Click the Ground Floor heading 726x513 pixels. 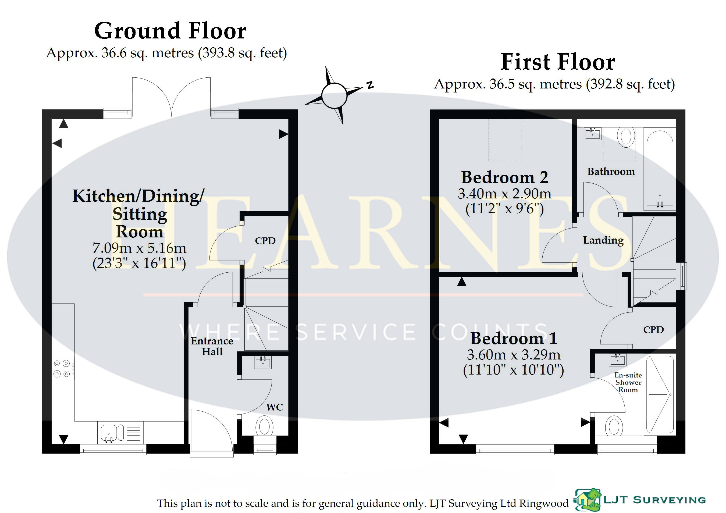pyautogui.click(x=170, y=31)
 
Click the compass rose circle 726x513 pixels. pyautogui.click(x=334, y=95)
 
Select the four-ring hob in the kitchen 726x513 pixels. pyautogui.click(x=62, y=369)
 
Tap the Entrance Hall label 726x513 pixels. pyautogui.click(x=212, y=346)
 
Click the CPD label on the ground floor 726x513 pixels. pyautogui.click(x=265, y=241)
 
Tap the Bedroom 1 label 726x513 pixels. pyautogui.click(x=514, y=339)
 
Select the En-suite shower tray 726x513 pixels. pyautogui.click(x=660, y=394)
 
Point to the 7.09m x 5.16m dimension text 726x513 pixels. pyautogui.click(x=140, y=248)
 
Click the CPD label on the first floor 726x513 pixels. pyautogui.click(x=653, y=330)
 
